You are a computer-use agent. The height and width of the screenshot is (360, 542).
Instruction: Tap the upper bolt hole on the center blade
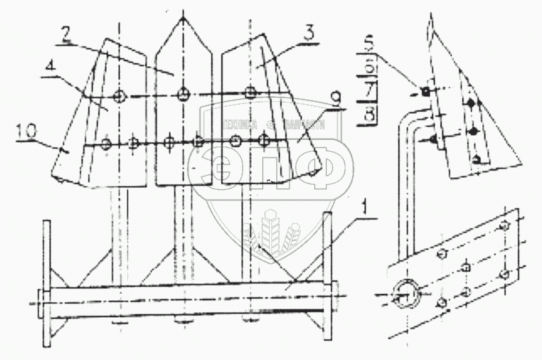click(x=183, y=93)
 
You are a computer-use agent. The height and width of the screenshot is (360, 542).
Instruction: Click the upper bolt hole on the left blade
click(x=119, y=95)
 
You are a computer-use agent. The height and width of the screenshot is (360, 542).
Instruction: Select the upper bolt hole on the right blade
click(x=250, y=91)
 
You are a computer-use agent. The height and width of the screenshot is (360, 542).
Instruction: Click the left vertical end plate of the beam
click(x=46, y=281)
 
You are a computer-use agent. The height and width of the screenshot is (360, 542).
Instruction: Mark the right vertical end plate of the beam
click(x=327, y=267)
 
